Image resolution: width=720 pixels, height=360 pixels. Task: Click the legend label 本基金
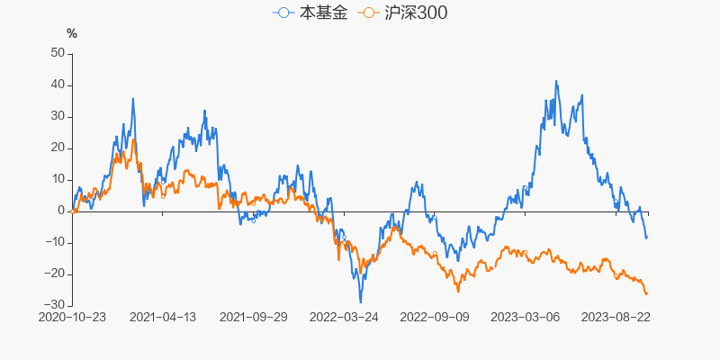coord(322,13)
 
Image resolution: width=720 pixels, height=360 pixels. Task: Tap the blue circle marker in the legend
coord(284,13)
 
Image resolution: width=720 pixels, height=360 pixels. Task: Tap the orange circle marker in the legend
coord(368,13)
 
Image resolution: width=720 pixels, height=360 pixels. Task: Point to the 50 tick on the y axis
coord(56,53)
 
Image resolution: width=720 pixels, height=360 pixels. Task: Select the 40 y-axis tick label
coord(56,85)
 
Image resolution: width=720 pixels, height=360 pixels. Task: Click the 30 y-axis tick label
coord(56,116)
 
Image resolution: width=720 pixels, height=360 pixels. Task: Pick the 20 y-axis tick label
coord(56,148)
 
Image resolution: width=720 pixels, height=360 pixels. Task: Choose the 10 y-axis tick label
coord(56,179)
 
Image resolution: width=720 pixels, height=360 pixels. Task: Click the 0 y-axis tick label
coord(59,211)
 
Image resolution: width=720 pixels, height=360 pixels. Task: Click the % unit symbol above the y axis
coord(72,34)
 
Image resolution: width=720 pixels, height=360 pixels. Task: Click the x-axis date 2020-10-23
coord(72,317)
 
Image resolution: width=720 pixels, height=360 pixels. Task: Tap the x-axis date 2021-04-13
coord(163,317)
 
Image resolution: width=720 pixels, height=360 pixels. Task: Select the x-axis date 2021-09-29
coord(253,317)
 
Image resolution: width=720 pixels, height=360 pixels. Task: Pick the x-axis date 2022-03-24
coord(344,317)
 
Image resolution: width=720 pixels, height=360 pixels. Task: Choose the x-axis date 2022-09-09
coord(435,317)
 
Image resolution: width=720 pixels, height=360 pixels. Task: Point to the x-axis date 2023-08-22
coord(616,317)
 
